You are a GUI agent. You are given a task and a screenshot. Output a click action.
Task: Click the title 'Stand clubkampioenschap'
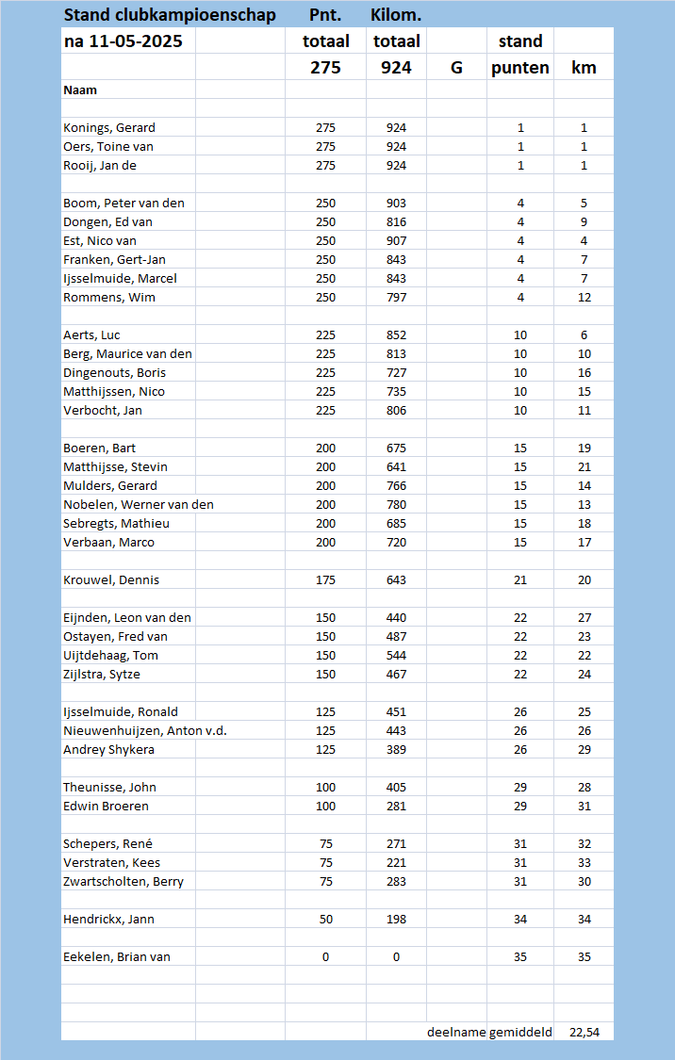coord(170,15)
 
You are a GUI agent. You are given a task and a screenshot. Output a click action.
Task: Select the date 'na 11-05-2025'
coord(123,41)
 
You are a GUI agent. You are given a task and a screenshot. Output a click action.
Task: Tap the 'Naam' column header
coord(80,90)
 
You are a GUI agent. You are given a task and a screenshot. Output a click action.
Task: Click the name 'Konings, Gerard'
coord(109,128)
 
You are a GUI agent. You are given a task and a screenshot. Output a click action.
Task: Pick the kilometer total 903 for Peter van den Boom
coord(396,204)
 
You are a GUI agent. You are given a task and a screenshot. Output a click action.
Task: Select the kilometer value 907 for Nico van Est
coord(396,241)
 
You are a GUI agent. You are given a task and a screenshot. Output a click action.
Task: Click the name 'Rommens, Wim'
coord(109,298)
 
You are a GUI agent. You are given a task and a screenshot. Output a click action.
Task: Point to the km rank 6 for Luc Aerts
coord(584,335)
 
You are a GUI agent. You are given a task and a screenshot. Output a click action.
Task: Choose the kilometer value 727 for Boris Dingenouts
coord(396,373)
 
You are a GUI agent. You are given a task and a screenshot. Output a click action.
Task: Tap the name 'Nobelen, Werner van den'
coord(139,505)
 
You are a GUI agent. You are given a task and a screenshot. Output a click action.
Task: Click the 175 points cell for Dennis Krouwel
coord(325,580)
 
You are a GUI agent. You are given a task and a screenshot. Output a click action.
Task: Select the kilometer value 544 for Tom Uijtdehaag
coord(396,656)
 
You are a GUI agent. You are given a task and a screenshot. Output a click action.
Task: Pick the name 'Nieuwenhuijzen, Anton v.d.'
coord(145,731)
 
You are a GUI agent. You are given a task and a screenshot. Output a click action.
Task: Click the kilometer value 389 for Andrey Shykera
coord(396,750)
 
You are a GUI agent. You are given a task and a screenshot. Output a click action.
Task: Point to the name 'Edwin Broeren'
coord(106,807)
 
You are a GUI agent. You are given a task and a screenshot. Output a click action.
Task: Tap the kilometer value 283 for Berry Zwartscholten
coord(396,882)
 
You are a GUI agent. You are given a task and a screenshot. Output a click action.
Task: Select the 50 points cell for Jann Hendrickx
coord(325,920)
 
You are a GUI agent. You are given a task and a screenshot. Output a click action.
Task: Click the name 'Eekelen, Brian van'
coord(117,957)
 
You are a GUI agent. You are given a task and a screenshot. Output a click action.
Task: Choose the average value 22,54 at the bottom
coord(584,1033)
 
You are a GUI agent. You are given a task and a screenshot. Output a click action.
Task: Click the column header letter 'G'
coord(456,68)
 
